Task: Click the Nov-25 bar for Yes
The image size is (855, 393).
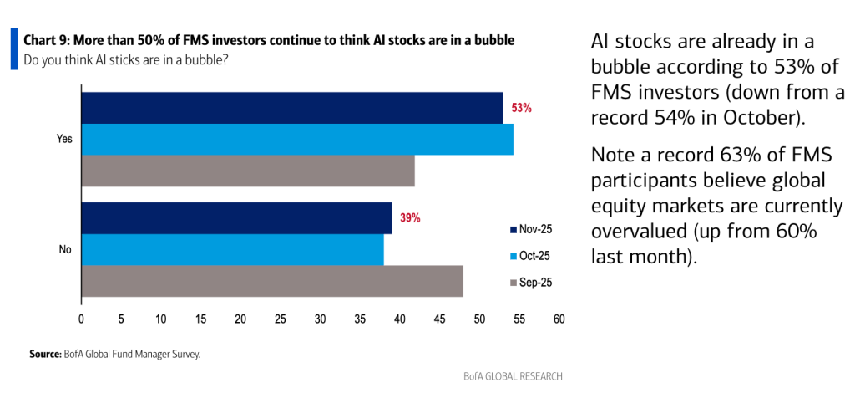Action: pyautogui.click(x=292, y=108)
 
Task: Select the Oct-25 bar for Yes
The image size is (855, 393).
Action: pyautogui.click(x=297, y=139)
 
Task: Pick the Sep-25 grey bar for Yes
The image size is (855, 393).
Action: pyautogui.click(x=248, y=171)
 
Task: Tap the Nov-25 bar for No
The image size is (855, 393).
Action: pyautogui.click(x=236, y=218)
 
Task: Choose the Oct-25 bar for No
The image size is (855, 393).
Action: pyautogui.click(x=232, y=249)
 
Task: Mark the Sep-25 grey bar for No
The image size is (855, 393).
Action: pyautogui.click(x=272, y=281)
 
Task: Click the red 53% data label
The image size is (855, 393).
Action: pyautogui.click(x=522, y=108)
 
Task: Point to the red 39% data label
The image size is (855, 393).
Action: pyautogui.click(x=410, y=218)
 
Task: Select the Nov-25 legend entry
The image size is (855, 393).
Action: pyautogui.click(x=530, y=229)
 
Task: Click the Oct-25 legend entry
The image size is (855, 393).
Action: pyautogui.click(x=530, y=256)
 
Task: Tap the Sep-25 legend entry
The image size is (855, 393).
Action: pyautogui.click(x=530, y=283)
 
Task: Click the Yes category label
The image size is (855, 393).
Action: pyautogui.click(x=64, y=140)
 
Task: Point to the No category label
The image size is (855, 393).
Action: pyautogui.click(x=65, y=250)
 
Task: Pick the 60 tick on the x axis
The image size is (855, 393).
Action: pyautogui.click(x=559, y=319)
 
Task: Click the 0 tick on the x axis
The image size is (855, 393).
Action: pyautogui.click(x=81, y=319)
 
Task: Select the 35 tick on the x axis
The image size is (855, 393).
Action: pyautogui.click(x=360, y=319)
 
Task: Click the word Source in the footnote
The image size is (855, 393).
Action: pyautogui.click(x=44, y=355)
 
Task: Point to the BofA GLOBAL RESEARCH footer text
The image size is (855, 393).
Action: pyautogui.click(x=514, y=376)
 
